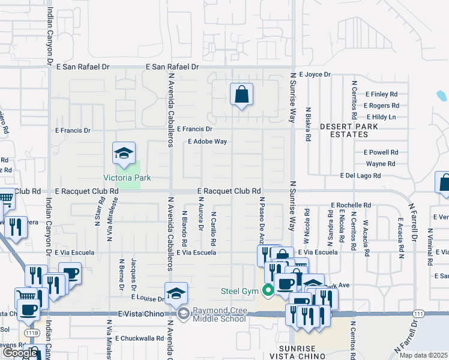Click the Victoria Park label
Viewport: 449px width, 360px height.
click(127, 178)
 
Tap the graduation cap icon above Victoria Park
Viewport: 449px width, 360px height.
click(123, 154)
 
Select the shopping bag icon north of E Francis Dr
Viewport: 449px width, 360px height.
click(241, 95)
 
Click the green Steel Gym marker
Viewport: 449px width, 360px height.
click(267, 292)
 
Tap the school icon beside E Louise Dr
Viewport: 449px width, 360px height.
click(176, 294)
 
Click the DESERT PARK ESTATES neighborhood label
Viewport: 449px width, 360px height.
click(349, 131)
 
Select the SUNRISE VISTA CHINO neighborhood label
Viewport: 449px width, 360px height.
click(305, 353)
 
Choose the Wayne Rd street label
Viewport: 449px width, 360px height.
click(381, 163)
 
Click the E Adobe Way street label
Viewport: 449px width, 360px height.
click(207, 142)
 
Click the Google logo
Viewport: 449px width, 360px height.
click(20, 353)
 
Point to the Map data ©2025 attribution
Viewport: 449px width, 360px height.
click(423, 355)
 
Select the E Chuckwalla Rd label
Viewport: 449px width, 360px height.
click(139, 338)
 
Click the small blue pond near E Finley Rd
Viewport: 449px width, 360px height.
click(442, 95)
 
